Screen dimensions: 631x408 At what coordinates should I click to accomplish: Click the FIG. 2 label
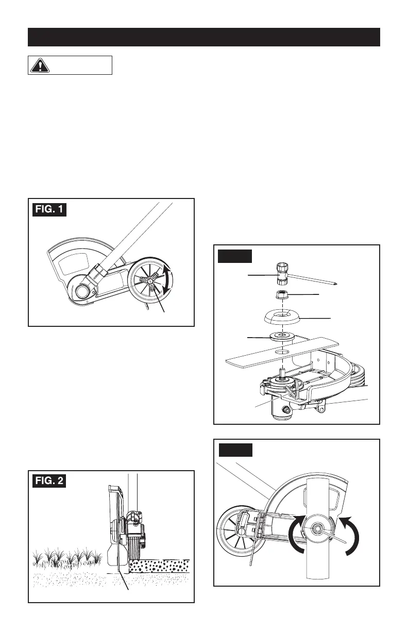pyautogui.click(x=49, y=481)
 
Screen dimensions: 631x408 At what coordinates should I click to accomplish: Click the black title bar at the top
pyautogui.click(x=204, y=37)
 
